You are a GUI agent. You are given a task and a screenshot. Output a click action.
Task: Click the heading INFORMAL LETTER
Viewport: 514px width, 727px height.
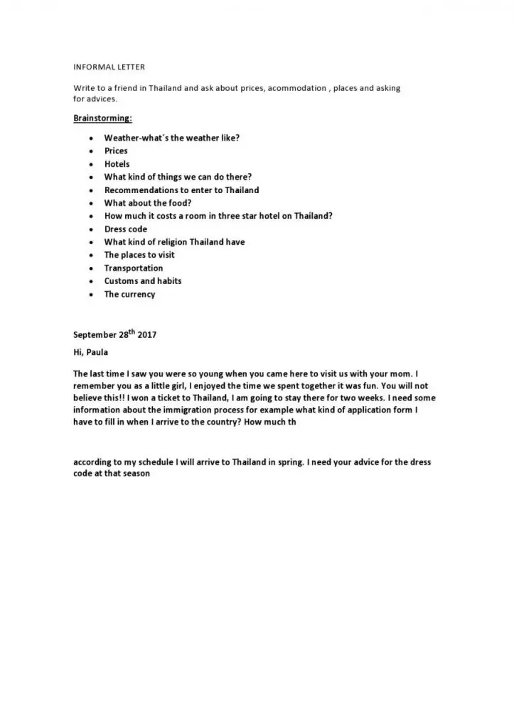(x=109, y=67)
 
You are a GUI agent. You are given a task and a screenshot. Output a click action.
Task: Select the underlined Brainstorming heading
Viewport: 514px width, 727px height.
(x=102, y=117)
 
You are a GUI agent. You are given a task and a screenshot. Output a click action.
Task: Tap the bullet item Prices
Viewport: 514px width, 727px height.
(x=116, y=151)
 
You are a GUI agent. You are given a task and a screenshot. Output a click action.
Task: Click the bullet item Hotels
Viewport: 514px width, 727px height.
(x=117, y=164)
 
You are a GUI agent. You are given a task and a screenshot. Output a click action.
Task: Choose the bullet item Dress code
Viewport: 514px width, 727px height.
(x=126, y=229)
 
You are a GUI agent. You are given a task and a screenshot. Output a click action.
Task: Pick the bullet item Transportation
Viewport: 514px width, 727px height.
(x=134, y=268)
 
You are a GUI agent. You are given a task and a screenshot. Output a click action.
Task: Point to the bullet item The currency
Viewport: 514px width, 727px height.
(x=129, y=295)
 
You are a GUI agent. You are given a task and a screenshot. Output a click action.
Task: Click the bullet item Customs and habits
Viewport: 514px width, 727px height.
(x=143, y=281)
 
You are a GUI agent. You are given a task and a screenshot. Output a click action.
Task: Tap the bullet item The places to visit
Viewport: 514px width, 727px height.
(x=139, y=255)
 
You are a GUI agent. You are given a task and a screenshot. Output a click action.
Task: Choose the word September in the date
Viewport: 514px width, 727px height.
(x=95, y=335)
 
